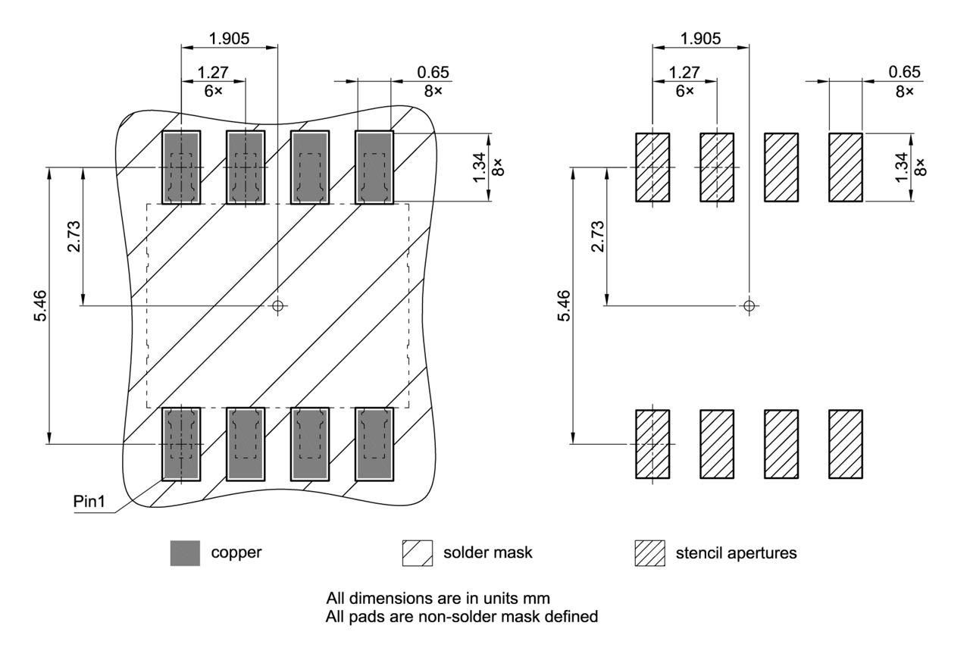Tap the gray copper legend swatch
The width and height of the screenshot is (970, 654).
click(x=186, y=553)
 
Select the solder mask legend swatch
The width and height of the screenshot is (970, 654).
click(x=417, y=553)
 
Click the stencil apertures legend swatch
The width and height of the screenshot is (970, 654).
click(x=649, y=553)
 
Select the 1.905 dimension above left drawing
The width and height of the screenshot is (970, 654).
click(x=229, y=39)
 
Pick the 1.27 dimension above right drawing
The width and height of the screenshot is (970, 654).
click(x=684, y=73)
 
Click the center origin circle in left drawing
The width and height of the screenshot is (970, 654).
click(x=278, y=305)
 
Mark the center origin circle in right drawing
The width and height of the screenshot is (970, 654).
click(x=749, y=305)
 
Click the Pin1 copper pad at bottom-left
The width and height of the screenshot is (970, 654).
click(x=181, y=443)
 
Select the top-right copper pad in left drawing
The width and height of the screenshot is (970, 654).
click(x=374, y=167)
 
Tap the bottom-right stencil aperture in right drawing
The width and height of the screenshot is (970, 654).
click(x=846, y=444)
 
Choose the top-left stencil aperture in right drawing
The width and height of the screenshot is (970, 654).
click(x=652, y=167)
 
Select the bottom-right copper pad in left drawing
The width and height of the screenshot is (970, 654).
click(x=374, y=443)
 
